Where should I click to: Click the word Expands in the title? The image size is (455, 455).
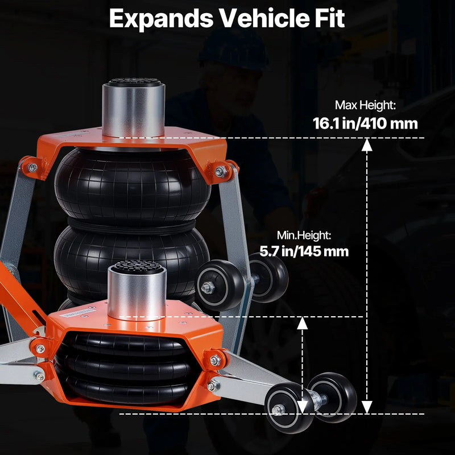tap(162, 19)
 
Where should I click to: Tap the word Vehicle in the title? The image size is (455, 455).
tap(264, 18)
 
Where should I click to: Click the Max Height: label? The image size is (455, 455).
tap(365, 105)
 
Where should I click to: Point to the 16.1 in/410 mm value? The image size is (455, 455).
tap(365, 123)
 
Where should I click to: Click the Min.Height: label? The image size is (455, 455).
tap(304, 235)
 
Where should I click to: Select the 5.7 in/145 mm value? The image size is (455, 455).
tap(304, 251)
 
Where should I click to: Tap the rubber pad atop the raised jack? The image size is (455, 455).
tap(134, 82)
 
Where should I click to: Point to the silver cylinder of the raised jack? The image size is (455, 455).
tap(134, 111)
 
